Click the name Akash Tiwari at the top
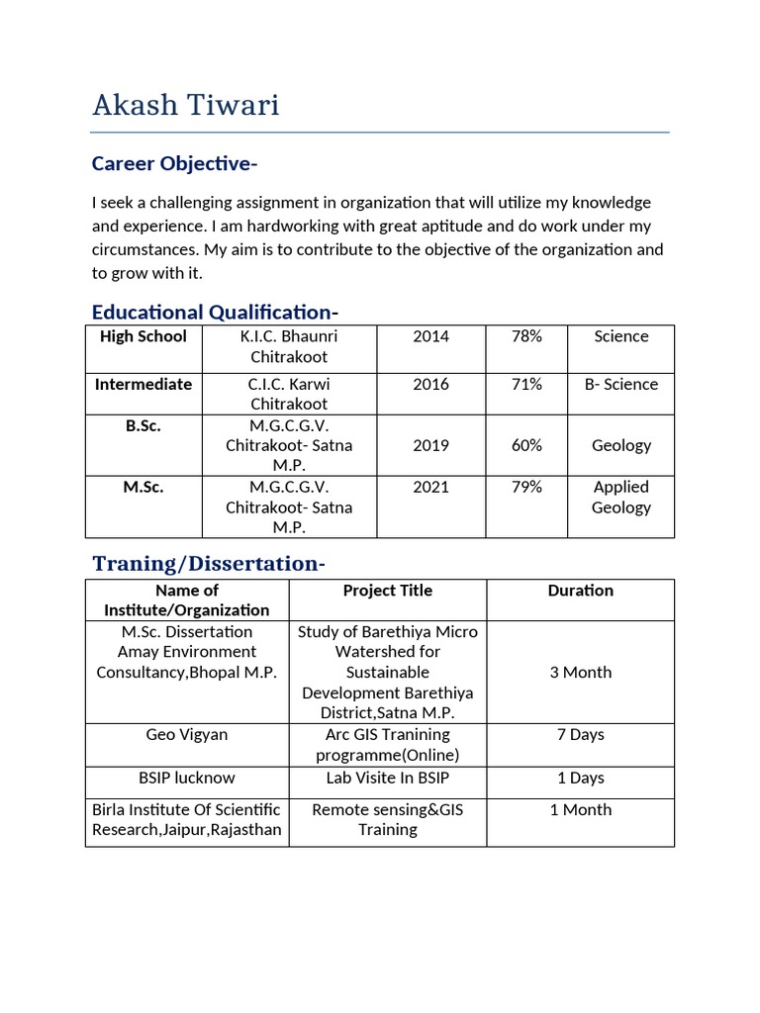click(186, 105)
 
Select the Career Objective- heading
click(175, 163)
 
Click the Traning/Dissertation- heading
click(208, 564)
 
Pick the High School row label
click(143, 337)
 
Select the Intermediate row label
click(143, 385)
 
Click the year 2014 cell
click(430, 337)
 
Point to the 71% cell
click(525, 385)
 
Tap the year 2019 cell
click(430, 446)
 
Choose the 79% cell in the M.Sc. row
click(525, 488)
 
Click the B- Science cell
click(620, 385)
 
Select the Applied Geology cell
click(620, 498)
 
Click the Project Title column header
click(387, 591)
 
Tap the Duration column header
click(580, 591)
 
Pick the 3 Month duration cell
click(580, 673)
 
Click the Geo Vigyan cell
click(186, 735)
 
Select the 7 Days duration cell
click(580, 735)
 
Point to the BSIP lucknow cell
click(186, 779)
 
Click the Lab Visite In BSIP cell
click(387, 779)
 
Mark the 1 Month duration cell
click(580, 810)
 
